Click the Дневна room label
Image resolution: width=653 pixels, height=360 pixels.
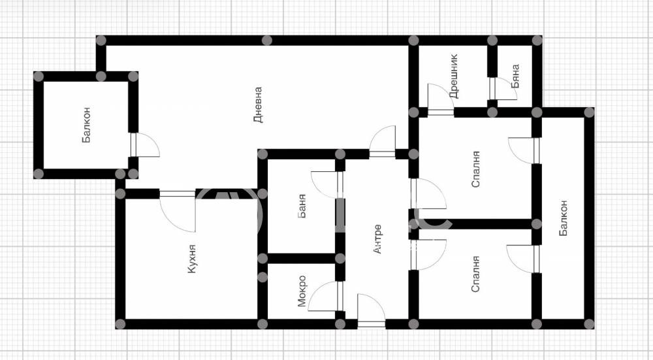pos(258,105)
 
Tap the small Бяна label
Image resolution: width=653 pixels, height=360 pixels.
pos(515,76)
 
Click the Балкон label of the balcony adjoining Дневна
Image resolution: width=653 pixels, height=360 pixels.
pos(87,125)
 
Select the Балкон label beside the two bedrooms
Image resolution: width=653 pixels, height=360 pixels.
pos(563,218)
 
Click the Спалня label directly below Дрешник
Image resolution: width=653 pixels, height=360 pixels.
pos(476,169)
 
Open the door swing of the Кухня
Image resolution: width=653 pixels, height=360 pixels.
pos(178,210)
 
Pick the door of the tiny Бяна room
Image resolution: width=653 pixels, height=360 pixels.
pos(503,89)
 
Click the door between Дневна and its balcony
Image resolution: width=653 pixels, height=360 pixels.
pos(145,145)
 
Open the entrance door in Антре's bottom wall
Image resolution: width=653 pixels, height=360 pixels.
pos(372,310)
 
